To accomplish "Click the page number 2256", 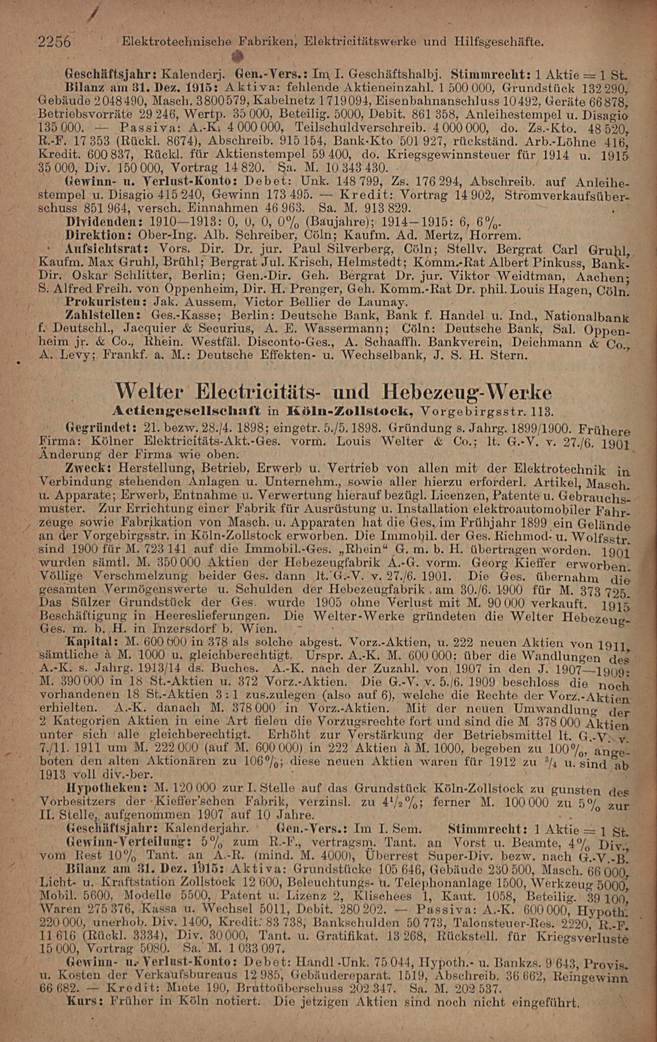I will (55, 42).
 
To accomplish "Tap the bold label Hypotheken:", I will (103, 788).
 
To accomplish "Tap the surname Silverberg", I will (353, 250).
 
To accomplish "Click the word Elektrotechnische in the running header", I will (178, 42).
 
